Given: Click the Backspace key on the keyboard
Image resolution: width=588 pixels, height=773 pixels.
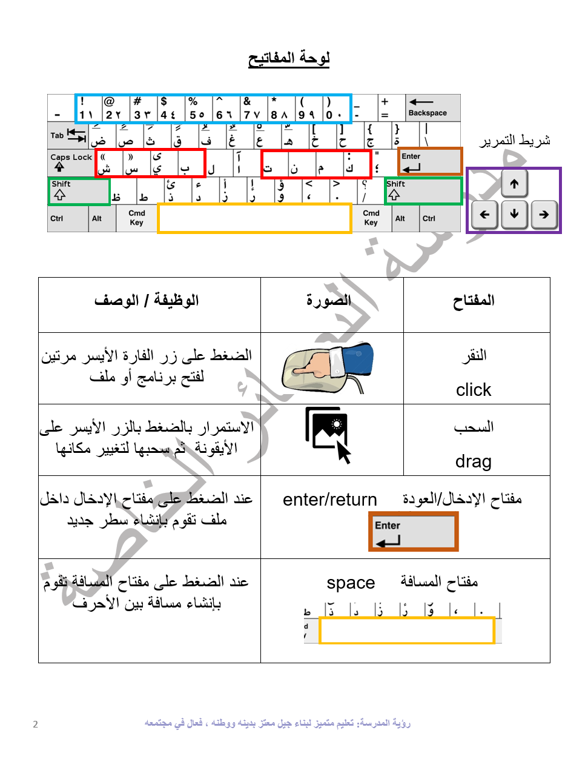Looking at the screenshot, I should coord(432,108).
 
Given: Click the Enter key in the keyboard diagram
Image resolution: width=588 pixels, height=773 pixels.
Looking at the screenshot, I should coord(430,161).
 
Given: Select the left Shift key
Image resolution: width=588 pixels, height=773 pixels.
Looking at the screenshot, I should coord(79,191).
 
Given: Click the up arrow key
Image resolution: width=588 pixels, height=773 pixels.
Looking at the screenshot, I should coord(514,184).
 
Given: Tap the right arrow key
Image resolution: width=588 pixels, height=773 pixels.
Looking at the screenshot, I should coord(544,214).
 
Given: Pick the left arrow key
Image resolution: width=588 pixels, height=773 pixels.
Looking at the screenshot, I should coord(484,214).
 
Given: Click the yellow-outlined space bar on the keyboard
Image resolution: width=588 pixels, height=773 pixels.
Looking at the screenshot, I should coord(254,218).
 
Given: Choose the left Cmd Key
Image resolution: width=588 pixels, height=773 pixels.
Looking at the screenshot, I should coord(137,218).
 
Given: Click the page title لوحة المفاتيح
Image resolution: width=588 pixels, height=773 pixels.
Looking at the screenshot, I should coord(289,58).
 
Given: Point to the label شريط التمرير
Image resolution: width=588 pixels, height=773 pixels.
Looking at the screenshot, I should coord(515,141).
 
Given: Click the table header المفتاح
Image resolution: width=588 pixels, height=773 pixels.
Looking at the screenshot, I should coord(474,301).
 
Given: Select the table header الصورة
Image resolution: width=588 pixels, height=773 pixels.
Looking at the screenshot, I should coord(329,301).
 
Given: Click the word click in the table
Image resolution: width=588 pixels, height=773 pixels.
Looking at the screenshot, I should coord(474,390).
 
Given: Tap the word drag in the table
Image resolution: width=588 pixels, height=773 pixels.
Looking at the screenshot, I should coord(474,462).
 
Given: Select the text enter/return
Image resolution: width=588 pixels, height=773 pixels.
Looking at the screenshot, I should coord(330,500).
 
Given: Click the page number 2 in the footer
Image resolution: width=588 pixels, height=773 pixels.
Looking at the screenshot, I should coord(35,724).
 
